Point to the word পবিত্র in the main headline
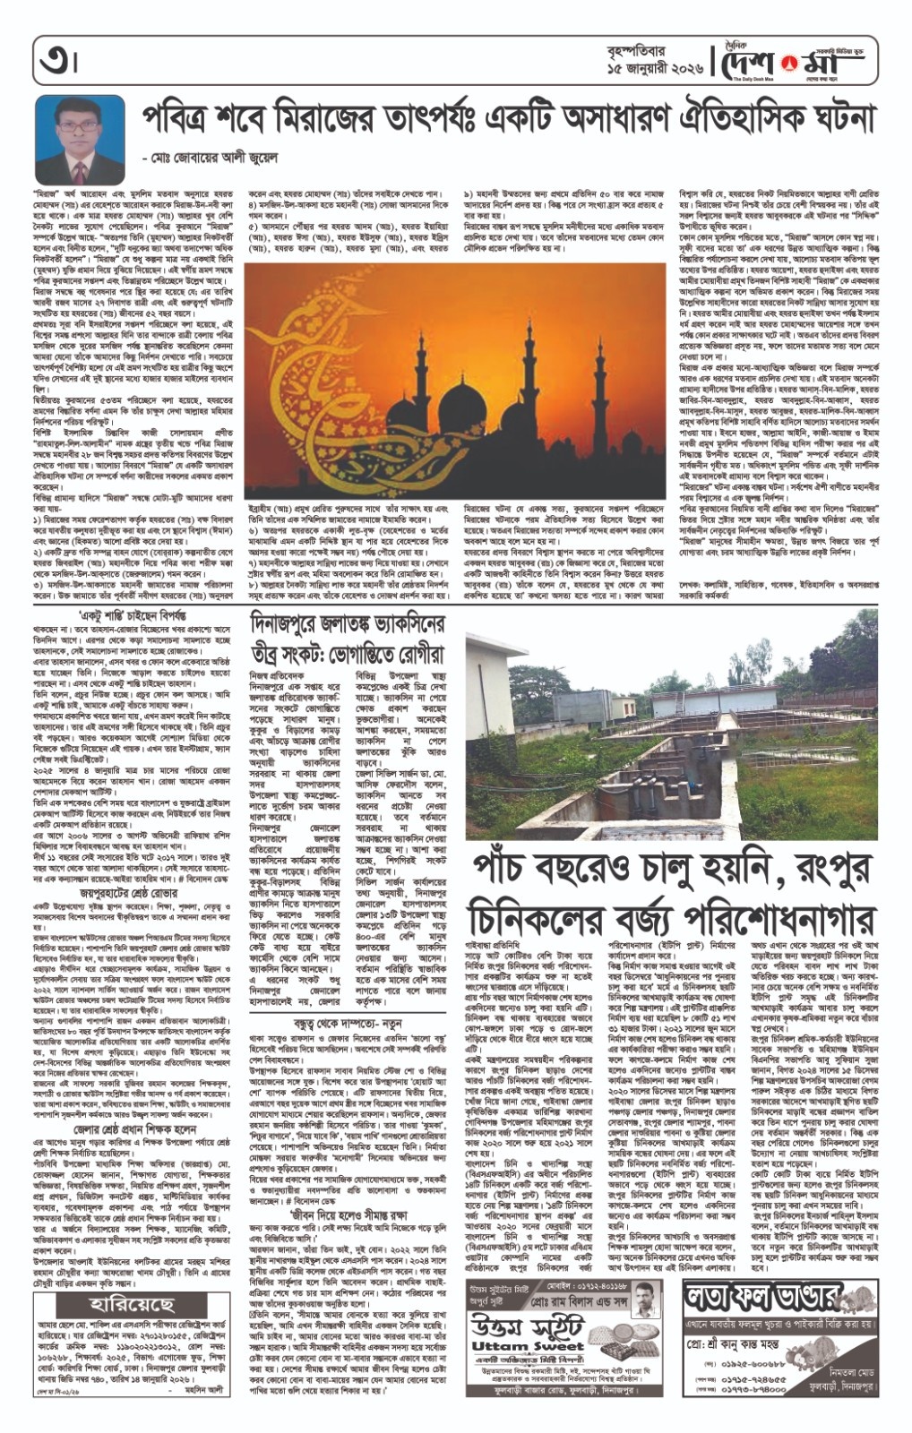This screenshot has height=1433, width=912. coord(184,118)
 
